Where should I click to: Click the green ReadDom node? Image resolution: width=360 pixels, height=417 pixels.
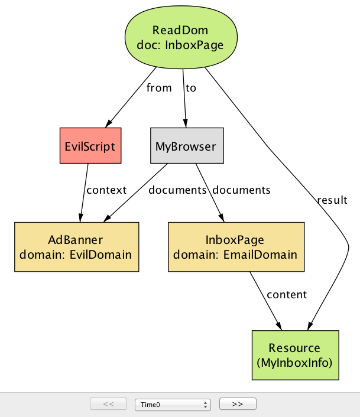[x=181, y=37]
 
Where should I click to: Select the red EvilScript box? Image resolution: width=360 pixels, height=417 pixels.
[x=90, y=146]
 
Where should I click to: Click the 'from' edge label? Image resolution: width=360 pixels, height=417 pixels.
[x=159, y=88]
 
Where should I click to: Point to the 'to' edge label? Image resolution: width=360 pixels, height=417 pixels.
[x=191, y=88]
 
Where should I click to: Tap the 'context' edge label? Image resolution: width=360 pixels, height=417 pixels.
[x=106, y=190]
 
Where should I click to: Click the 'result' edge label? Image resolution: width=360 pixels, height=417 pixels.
[x=332, y=200]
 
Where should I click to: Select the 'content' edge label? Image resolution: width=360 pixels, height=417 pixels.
[x=287, y=294]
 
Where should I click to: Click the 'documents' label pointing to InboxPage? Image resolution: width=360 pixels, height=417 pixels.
[x=241, y=190]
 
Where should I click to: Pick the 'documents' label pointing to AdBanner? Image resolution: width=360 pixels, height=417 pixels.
[x=177, y=190]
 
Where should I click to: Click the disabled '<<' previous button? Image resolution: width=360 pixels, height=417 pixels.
[x=108, y=404]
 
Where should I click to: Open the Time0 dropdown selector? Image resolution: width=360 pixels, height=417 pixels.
[x=173, y=404]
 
